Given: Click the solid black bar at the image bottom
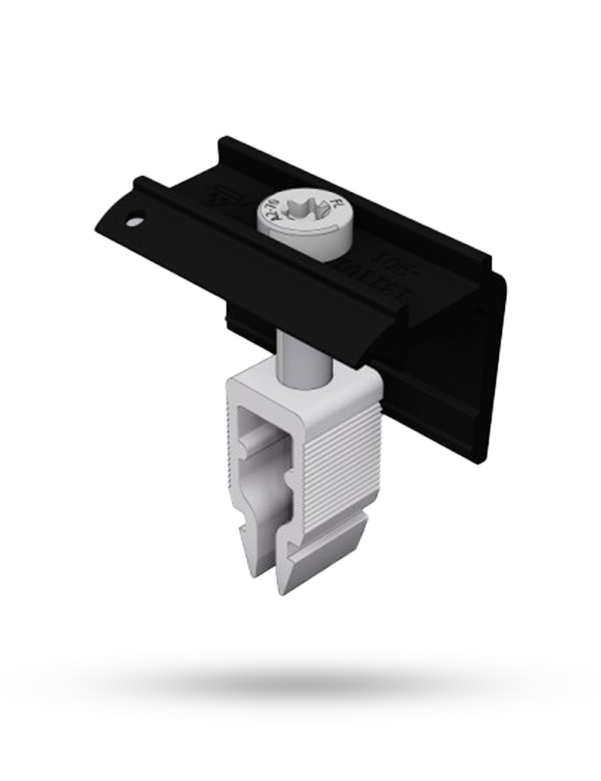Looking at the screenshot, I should [x=300, y=681].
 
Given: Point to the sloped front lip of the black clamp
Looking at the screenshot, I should [x=240, y=264].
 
